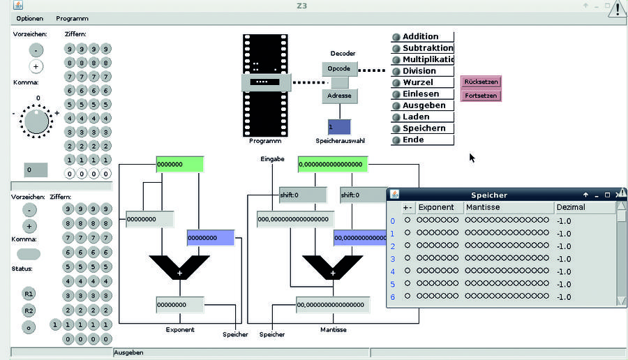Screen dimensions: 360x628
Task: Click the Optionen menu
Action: coord(30,18)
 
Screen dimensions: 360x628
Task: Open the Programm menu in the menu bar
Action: coord(72,18)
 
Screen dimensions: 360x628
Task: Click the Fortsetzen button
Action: coord(481,96)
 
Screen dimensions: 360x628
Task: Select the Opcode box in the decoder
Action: coord(339,68)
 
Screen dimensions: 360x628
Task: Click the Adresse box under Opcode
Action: coord(339,96)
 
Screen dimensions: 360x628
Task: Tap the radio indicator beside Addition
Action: coord(396,37)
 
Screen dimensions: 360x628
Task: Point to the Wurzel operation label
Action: coord(417,82)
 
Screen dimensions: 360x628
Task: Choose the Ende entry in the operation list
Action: coord(413,140)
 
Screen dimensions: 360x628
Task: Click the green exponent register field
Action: coord(179,165)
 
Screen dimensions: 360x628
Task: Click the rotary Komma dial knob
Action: coord(37,121)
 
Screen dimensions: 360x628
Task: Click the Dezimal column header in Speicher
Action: coord(571,207)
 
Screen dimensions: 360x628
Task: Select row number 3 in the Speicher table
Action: coord(392,259)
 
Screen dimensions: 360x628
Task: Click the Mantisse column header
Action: coord(483,207)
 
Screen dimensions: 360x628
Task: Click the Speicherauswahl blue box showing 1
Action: coord(339,127)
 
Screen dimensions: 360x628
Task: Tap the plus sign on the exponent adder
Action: coord(179,273)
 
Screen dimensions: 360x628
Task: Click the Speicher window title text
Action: coord(489,195)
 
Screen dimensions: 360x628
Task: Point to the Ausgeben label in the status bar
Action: coord(128,352)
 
